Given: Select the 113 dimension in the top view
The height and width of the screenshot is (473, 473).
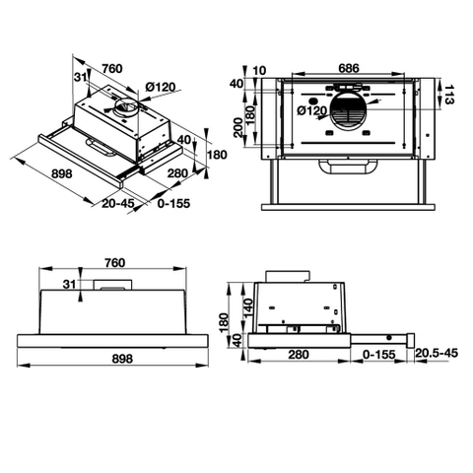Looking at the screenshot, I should click(x=449, y=96).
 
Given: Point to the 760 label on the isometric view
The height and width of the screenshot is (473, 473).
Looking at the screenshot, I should click(x=111, y=69).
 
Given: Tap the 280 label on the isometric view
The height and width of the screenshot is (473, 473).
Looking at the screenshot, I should click(x=178, y=173).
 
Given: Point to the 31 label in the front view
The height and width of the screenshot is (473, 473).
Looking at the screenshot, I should click(x=68, y=285).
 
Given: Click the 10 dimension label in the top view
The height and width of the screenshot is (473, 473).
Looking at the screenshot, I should click(x=260, y=69).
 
